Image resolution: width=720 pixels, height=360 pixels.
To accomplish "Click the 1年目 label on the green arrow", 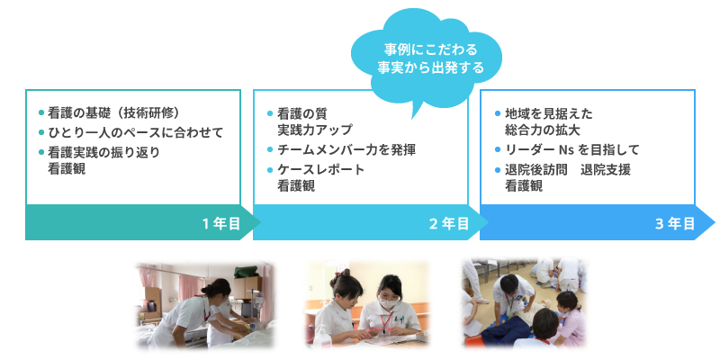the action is coord(221,223).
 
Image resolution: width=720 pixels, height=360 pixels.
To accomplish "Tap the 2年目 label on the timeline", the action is coord(449,223).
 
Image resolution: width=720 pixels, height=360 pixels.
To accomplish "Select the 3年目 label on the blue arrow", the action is coord(675,223).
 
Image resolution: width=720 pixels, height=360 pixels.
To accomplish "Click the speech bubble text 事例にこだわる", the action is coord(431,49).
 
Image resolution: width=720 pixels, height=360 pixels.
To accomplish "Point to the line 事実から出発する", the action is coord(431,68).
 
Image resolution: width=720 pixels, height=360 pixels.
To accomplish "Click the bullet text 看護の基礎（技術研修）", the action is coord(113,112).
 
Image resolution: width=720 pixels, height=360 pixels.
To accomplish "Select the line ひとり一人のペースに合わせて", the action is coord(136,132).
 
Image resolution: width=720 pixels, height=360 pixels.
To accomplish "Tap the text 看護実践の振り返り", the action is coord(103,152).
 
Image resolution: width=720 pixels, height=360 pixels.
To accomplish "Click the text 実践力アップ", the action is coord(314,130).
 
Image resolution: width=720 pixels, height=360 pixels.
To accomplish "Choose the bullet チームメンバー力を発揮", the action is coord(346,149).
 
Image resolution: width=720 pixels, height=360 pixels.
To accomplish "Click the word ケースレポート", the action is coord(320,169).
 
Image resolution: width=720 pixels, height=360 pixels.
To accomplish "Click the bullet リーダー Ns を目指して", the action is coord(571,149).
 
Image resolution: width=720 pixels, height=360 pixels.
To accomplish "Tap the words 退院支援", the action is coord(605,169).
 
